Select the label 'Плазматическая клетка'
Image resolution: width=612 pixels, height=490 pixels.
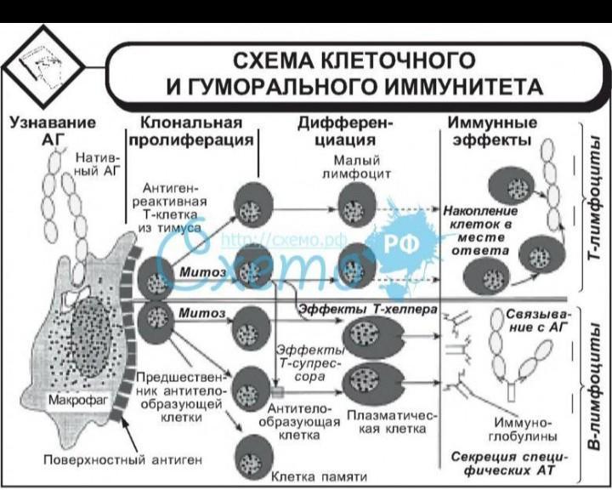tap(392, 423)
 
